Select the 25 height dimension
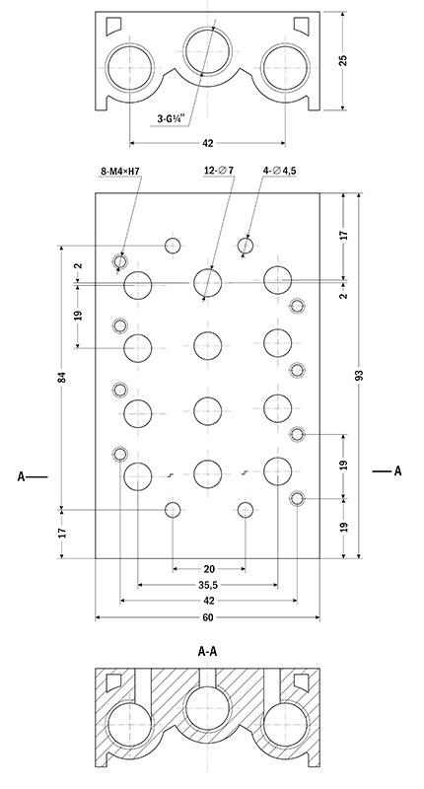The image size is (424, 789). click(x=342, y=60)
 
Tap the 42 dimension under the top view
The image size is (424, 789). click(x=208, y=143)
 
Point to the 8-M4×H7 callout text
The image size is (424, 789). click(x=121, y=172)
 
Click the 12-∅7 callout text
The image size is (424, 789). click(x=219, y=171)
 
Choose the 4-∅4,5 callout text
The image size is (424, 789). click(x=280, y=171)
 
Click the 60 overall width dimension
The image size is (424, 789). click(x=208, y=618)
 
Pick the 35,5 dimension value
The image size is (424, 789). click(x=208, y=585)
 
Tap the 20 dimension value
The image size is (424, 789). click(x=208, y=569)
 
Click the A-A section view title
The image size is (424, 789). click(x=208, y=651)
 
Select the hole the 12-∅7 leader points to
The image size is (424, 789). click(x=207, y=282)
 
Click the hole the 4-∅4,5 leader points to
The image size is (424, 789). click(x=246, y=245)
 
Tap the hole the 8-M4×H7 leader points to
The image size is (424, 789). click(x=120, y=260)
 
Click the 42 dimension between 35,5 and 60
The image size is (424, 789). click(x=208, y=601)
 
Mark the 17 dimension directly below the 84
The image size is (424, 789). click(x=61, y=533)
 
